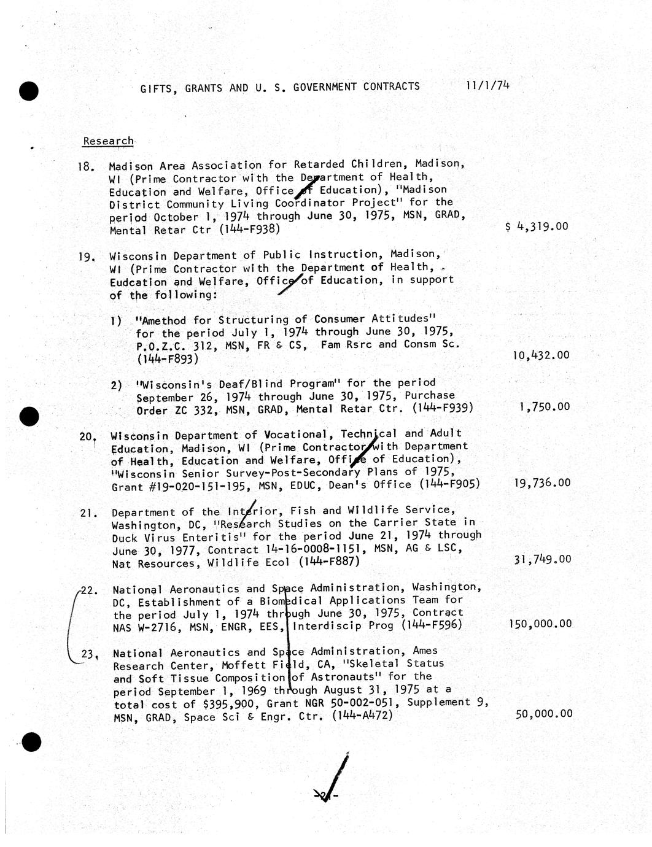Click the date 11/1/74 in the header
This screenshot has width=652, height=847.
[488, 85]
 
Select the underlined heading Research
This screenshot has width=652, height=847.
[108, 141]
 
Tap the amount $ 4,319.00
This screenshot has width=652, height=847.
[537, 226]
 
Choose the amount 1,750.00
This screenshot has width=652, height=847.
[544, 407]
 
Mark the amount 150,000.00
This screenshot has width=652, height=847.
[540, 624]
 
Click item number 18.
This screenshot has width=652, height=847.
[86, 166]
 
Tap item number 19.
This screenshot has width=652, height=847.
[87, 257]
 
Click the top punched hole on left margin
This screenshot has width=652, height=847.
[29, 91]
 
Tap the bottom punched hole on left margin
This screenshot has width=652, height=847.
[31, 742]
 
